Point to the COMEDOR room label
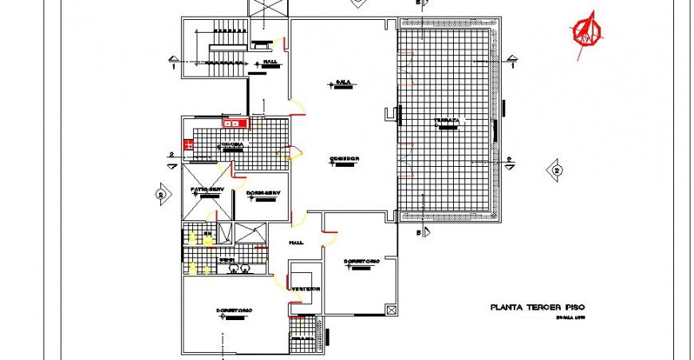click(345, 159)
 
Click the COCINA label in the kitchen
click(234, 144)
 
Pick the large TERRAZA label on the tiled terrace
click(447, 121)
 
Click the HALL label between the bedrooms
click(297, 243)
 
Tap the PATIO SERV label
click(205, 190)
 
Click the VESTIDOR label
click(305, 288)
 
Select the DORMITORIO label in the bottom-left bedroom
click(234, 310)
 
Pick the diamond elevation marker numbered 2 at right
click(556, 170)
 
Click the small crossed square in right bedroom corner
click(389, 309)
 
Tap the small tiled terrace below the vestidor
click(304, 334)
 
